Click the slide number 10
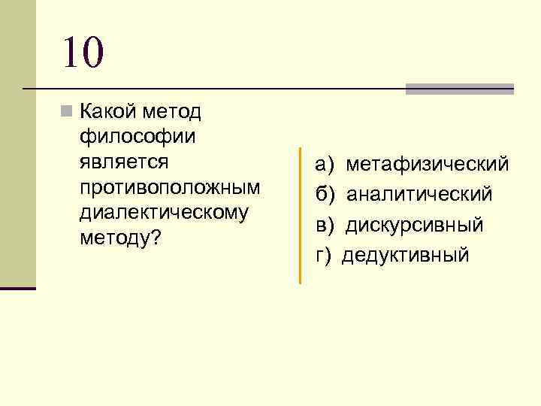point(83,53)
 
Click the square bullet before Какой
point(67,112)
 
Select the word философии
point(136,137)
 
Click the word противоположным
point(168,186)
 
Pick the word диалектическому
point(163,211)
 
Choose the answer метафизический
point(427,164)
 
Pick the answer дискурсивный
point(415,225)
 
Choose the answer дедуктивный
point(406,256)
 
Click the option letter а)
point(325,164)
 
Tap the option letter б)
point(325,195)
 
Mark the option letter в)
point(325,225)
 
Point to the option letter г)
point(324,256)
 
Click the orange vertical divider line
point(300,215)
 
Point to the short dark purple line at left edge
point(18,288)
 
